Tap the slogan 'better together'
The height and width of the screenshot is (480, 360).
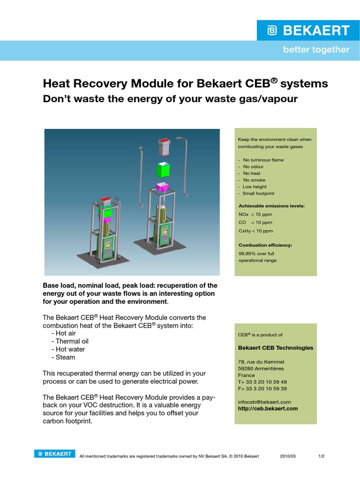[316, 50]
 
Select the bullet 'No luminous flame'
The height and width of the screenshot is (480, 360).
[263, 160]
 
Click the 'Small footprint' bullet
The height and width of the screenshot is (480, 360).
[258, 194]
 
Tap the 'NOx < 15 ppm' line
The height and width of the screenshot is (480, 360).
[255, 214]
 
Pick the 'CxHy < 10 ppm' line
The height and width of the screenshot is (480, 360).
[255, 231]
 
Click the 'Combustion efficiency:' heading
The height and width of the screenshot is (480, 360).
[265, 245]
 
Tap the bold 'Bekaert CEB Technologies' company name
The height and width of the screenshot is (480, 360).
[276, 348]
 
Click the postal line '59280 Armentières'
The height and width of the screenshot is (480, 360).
[261, 368]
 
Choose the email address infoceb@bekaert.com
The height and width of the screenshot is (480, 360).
[264, 402]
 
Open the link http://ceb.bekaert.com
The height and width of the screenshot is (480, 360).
[268, 408]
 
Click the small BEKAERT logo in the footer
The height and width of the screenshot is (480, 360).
[54, 454]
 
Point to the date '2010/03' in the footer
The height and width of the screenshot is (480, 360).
[288, 456]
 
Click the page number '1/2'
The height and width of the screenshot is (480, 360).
[322, 456]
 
